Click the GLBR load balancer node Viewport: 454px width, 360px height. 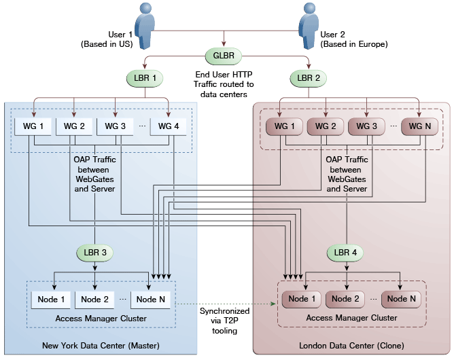tap(224, 56)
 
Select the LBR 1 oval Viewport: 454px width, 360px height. tap(145, 78)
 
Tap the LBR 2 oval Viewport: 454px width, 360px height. tap(309, 78)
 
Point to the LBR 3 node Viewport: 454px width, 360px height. tap(95, 253)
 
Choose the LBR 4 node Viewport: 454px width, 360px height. tap(345, 253)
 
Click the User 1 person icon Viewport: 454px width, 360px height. tap(145, 26)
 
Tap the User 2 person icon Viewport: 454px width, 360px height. tap(309, 26)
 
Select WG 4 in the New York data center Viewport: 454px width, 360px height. tap(169, 126)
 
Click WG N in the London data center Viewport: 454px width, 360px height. tap(419, 126)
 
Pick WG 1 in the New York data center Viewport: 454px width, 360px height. tap(33, 126)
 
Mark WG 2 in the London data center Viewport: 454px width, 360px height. tap(326, 126)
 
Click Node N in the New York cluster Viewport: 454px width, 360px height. tap(151, 300)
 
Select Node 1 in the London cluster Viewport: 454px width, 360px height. tap(302, 299)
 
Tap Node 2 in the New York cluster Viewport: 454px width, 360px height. tap(94, 300)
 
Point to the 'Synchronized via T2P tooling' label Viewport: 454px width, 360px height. tap(224, 321)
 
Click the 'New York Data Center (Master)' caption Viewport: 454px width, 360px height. tap(101, 346)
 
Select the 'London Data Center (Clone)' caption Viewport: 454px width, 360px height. tap(351, 346)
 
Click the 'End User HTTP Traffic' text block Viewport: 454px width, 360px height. tap(224, 84)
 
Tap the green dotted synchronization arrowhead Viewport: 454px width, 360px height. tap(273, 304)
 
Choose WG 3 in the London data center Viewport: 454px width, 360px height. tap(366, 126)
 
